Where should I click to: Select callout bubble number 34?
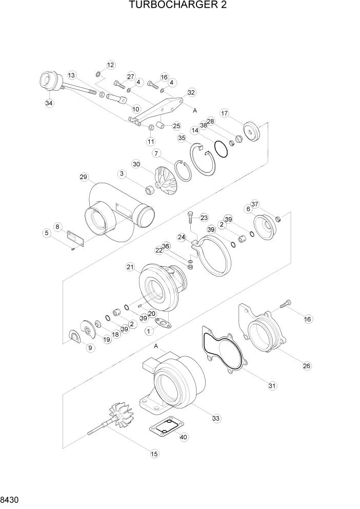[49, 103]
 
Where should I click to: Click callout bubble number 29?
[84, 177]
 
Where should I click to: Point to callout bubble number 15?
[153, 453]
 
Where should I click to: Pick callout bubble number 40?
[184, 437]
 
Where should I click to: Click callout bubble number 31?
[272, 385]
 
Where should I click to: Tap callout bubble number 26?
[307, 366]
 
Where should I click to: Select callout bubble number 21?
[130, 266]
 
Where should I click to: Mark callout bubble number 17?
[225, 113]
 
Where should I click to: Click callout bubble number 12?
[111, 65]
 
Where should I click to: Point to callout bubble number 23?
[204, 217]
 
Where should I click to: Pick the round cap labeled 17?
[252, 133]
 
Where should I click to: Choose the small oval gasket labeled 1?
[163, 323]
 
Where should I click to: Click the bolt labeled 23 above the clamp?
[190, 218]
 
